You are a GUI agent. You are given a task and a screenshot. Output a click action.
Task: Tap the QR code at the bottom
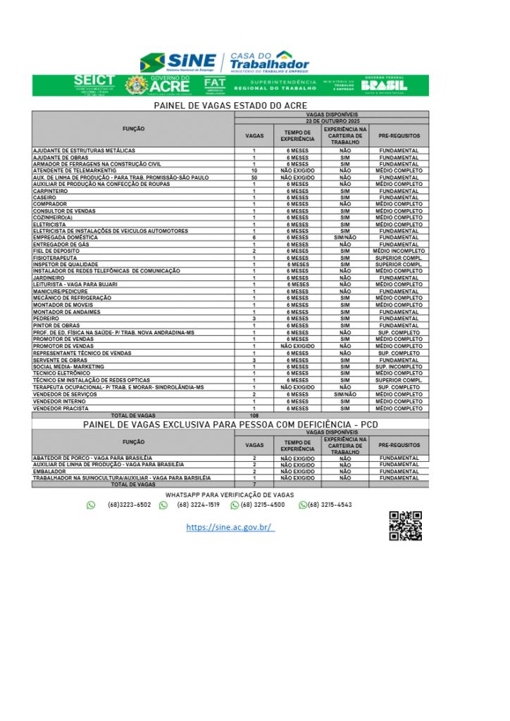pos(405,525)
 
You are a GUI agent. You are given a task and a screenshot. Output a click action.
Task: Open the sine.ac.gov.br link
pos(230,527)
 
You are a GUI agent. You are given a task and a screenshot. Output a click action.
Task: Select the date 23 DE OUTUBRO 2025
pos(332,121)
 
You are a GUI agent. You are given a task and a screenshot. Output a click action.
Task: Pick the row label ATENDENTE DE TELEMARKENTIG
pos(75,171)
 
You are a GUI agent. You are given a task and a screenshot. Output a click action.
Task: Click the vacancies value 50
pos(254,177)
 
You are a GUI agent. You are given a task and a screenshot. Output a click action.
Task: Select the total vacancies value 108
pos(254,415)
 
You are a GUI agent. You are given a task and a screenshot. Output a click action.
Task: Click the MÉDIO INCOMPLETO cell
pos(399,251)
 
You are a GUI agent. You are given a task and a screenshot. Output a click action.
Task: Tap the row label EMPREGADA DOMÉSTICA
pos(66,238)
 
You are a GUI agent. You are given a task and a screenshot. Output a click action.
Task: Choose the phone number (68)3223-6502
pos(129,505)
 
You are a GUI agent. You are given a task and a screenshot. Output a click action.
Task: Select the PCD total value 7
pos(254,484)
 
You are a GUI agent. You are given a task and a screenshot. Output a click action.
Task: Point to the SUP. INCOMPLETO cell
pos(399,367)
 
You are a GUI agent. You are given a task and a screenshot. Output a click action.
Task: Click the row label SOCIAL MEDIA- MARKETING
pos(68,367)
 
